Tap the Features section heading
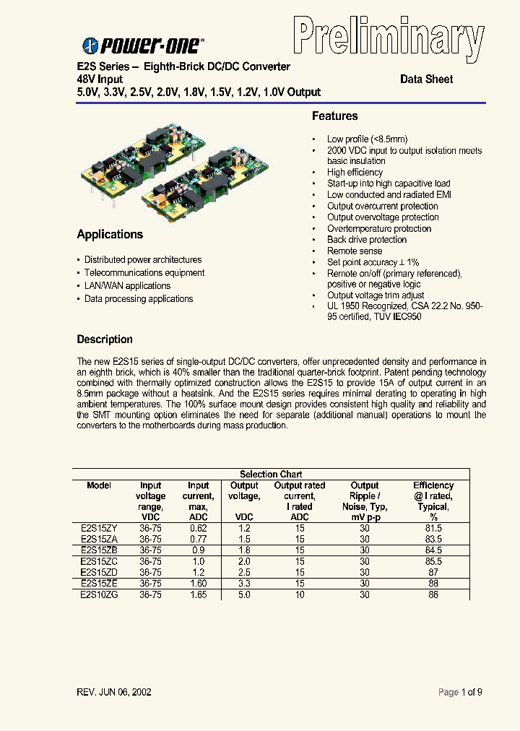coord(334,116)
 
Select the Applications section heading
coord(110,235)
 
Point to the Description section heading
coord(105,339)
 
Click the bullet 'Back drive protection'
coord(367,240)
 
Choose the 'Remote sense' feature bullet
coord(355,251)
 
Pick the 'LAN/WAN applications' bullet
coord(127,286)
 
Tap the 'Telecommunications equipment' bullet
coord(144,273)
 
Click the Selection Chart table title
coord(270,475)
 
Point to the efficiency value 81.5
coord(433,529)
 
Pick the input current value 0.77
coord(198,540)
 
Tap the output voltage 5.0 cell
coord(244,594)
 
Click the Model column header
coord(99,485)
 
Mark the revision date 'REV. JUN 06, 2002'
coord(114,692)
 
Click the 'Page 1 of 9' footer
coord(460,692)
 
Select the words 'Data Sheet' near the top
coord(427,79)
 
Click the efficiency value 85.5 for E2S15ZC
coord(433,561)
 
